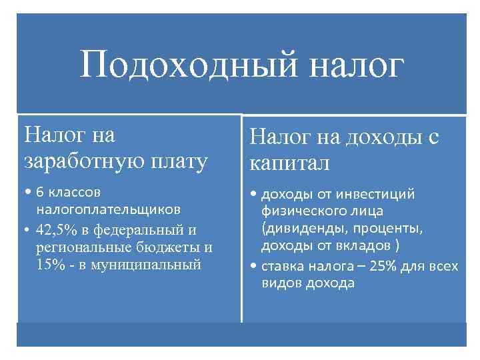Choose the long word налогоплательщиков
(107, 209)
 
